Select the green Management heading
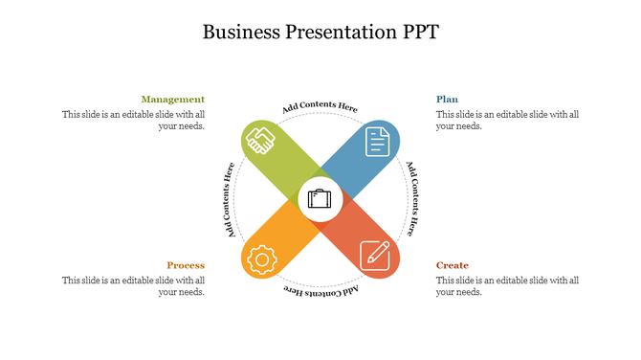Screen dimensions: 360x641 [x=173, y=100]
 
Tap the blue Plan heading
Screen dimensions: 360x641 [x=447, y=100]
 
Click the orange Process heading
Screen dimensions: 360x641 [x=186, y=265]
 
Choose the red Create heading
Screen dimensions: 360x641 [x=453, y=265]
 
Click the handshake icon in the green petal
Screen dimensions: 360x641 [x=260, y=142]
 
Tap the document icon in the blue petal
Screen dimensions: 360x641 [x=380, y=142]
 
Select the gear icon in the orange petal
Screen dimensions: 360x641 [x=260, y=259]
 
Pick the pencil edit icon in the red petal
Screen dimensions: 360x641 [x=375, y=255]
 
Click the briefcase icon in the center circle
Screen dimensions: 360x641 [x=320, y=200]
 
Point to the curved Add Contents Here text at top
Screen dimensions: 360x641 [x=320, y=107]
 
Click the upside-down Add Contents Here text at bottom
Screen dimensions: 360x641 [x=320, y=290]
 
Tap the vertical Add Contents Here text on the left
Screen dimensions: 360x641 [x=231, y=199]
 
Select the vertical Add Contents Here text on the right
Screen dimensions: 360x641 [x=410, y=199]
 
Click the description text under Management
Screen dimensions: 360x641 [x=134, y=120]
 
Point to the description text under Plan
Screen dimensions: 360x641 [x=507, y=120]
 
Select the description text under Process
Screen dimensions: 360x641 [x=134, y=285]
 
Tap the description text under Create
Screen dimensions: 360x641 [x=507, y=285]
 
